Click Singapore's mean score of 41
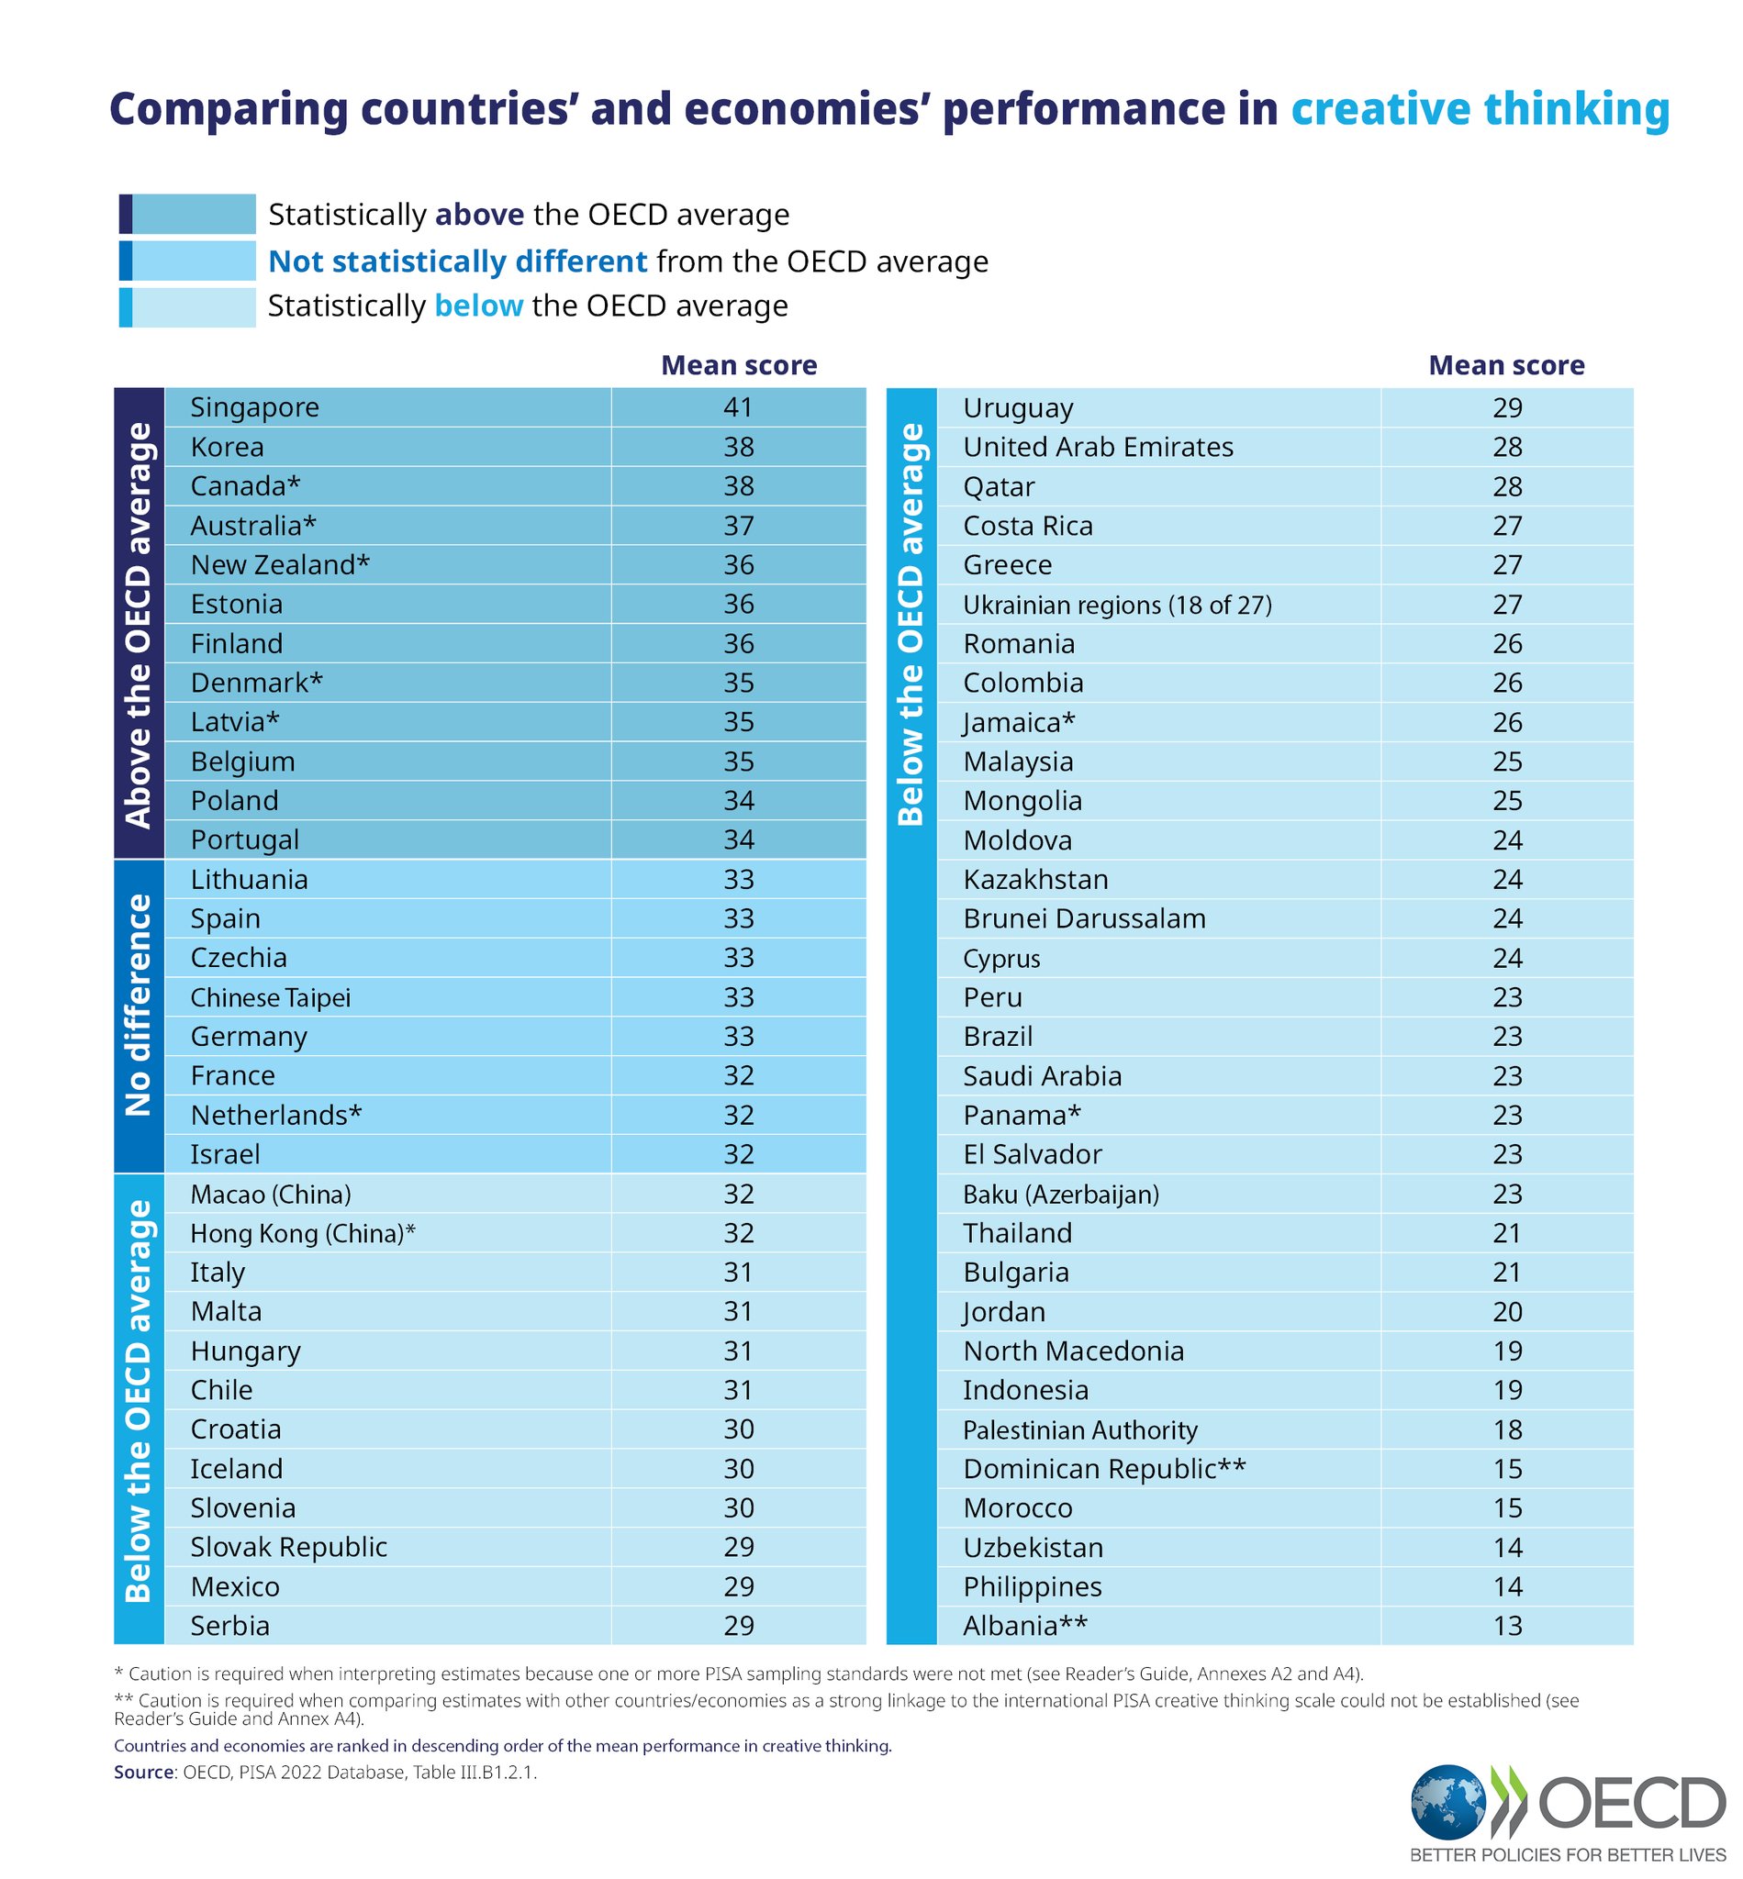pos(738,407)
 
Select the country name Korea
pos(227,447)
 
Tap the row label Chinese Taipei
pos(270,997)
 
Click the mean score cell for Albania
pos(1507,1626)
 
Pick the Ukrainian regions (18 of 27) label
pos(1117,605)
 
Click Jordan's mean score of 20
pos(1507,1311)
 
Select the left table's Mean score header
pos(739,365)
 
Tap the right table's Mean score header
pos(1506,365)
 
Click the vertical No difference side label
pos(139,1005)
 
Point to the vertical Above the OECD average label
pos(139,625)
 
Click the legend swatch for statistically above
pos(187,214)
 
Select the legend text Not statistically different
pos(457,261)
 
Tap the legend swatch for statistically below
pos(187,307)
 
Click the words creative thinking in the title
pos(1480,109)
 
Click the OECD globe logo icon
pos(1447,1802)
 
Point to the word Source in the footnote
pos(142,1772)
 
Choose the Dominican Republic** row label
pos(1103,1469)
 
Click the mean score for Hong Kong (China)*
pos(738,1233)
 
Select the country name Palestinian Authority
pos(1080,1430)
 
